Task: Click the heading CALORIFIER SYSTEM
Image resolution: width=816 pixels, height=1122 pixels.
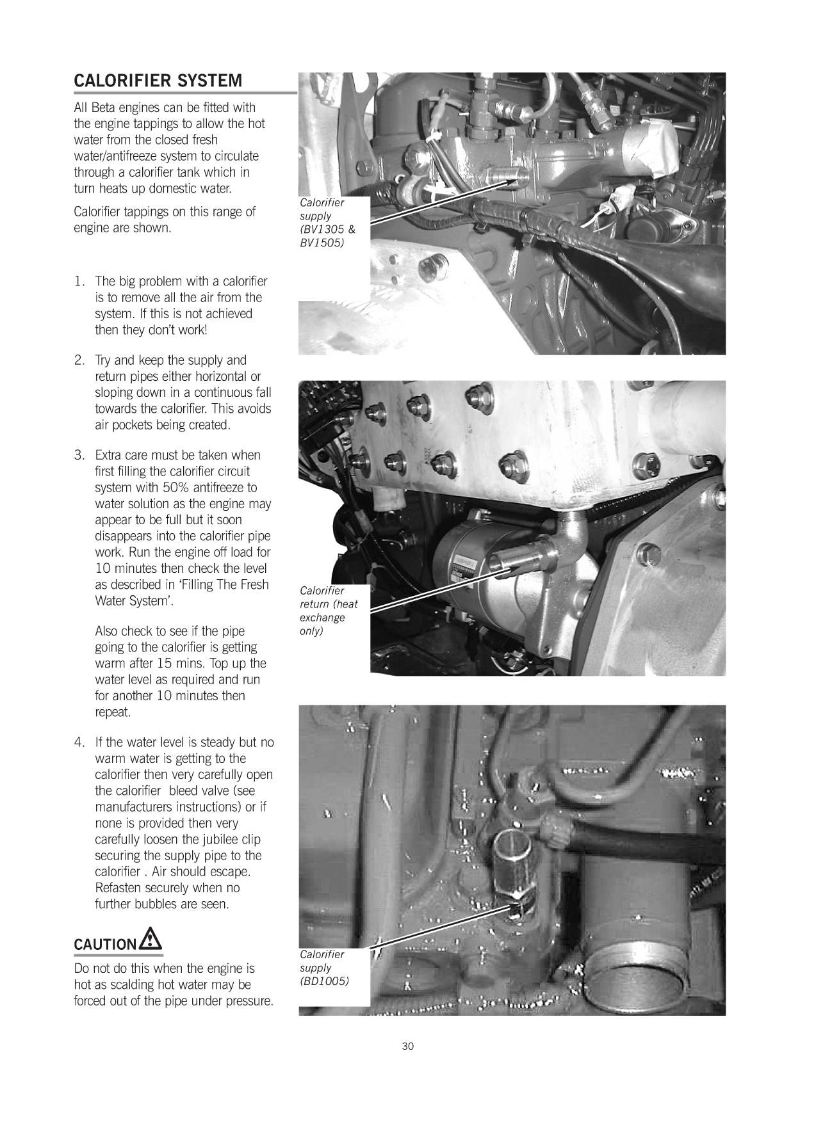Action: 158,81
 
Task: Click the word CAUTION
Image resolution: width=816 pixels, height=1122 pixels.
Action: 104,945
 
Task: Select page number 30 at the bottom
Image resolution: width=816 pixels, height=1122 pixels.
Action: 407,1046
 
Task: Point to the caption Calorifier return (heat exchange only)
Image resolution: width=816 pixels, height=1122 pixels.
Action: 328,611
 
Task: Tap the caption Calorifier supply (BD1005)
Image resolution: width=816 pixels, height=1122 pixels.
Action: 324,968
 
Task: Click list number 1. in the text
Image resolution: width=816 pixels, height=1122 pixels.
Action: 79,282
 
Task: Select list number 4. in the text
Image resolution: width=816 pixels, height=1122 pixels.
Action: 79,742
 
